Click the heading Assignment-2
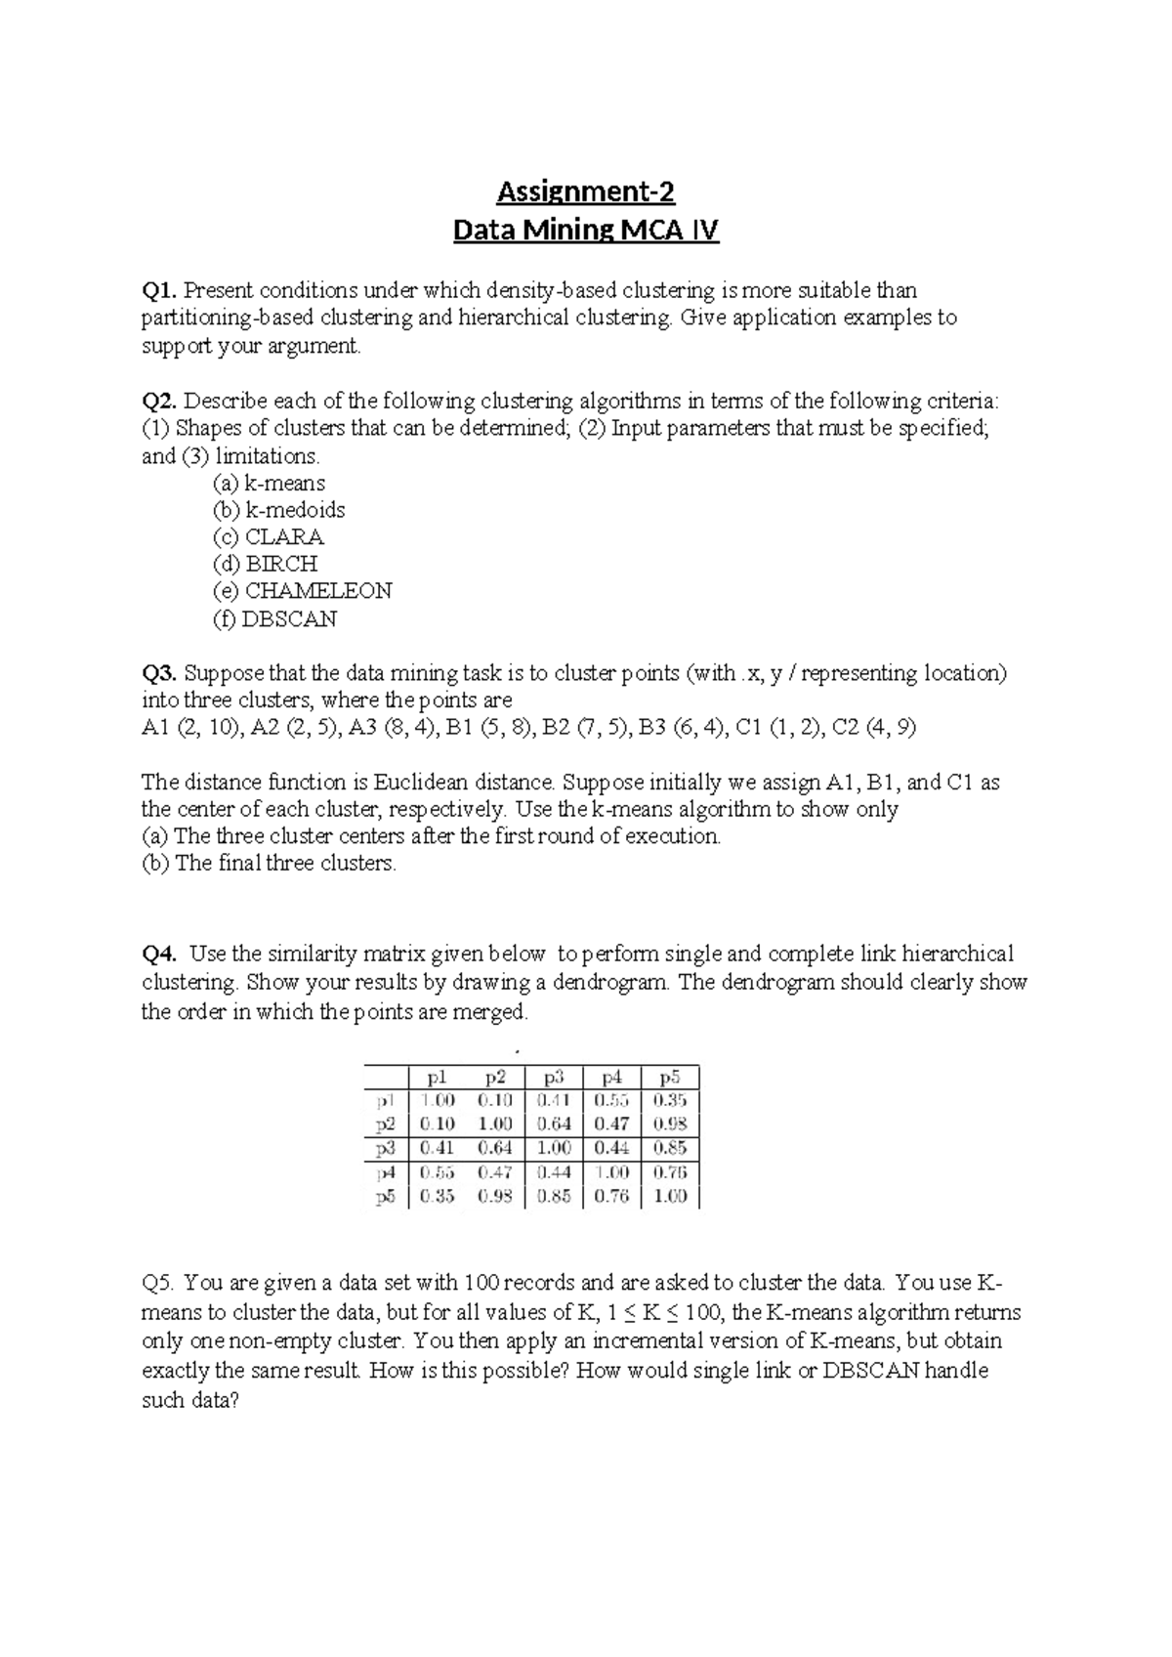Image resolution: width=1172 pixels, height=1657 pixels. point(585,191)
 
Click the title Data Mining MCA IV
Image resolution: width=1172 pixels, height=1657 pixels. point(585,232)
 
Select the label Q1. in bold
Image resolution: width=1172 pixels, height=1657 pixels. point(160,290)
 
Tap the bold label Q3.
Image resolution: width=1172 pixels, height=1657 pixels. point(160,673)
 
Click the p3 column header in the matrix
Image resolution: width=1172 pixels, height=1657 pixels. point(554,1078)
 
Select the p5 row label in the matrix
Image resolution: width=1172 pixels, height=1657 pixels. point(385,1196)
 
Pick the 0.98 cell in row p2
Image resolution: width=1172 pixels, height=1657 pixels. point(670,1125)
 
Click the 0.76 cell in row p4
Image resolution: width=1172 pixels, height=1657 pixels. point(670,1171)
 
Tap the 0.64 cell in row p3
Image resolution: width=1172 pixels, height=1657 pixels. point(495,1148)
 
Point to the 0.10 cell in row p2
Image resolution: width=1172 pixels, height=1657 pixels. point(437,1125)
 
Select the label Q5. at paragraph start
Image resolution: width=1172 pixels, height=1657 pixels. point(159,1283)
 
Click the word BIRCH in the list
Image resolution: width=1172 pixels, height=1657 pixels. point(281,564)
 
